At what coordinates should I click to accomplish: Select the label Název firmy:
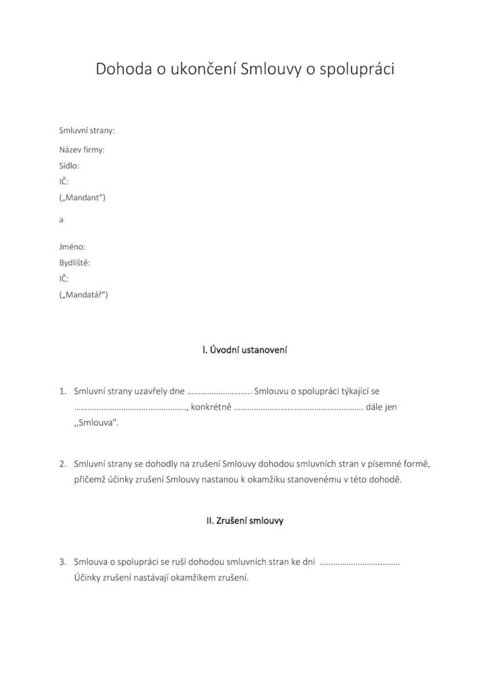coord(82,149)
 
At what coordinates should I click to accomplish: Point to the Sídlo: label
coord(70,165)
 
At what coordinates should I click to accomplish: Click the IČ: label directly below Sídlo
coord(64,181)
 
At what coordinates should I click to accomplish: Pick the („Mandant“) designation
coord(83,198)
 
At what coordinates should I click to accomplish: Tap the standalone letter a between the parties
coord(62,220)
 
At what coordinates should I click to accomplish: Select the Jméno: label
coord(72,247)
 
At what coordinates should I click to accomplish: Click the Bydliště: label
coord(74,263)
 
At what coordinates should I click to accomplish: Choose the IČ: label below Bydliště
coord(64,279)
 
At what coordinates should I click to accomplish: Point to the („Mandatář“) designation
coord(84,295)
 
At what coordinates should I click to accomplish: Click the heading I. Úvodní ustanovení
coord(245,350)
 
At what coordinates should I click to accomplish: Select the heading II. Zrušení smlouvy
coord(244,521)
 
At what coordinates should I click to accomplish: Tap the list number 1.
coord(62,391)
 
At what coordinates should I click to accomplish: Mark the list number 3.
coord(62,562)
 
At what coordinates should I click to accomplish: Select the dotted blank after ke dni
coord(359,563)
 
